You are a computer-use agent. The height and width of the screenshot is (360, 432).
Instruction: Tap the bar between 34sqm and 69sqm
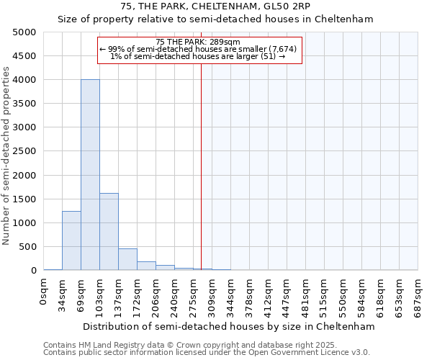71,240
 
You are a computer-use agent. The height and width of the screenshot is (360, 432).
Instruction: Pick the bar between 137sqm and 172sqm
127,259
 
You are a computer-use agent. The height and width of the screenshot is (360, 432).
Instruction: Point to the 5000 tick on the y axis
24,32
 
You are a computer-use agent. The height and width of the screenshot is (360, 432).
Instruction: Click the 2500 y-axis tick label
24,151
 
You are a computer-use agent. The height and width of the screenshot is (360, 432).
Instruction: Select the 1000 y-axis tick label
24,223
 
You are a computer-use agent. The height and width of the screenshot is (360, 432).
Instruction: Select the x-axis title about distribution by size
229,326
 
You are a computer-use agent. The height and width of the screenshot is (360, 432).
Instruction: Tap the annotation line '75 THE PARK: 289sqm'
198,42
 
